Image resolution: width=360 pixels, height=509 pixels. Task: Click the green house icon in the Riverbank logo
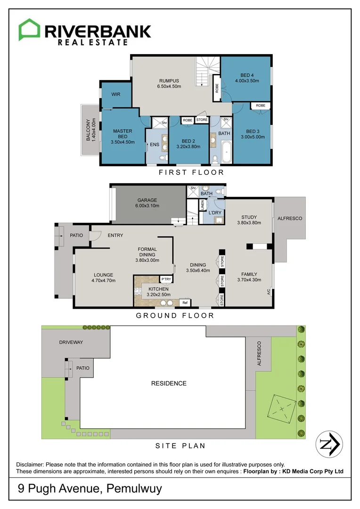pyautogui.click(x=29, y=30)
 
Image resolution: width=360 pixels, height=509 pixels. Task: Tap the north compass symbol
pyautogui.click(x=329, y=443)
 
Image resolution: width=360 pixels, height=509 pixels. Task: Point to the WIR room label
pyautogui.click(x=115, y=94)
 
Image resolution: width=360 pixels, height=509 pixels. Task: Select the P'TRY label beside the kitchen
pyautogui.click(x=166, y=279)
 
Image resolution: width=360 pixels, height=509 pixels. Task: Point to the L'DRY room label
pyautogui.click(x=215, y=213)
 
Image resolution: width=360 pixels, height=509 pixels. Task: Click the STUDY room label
pyautogui.click(x=249, y=217)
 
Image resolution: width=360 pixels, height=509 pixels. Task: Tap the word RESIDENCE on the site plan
pyautogui.click(x=169, y=383)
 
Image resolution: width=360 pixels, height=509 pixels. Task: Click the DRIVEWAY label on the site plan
pyautogui.click(x=71, y=342)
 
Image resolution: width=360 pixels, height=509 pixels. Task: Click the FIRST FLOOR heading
pyautogui.click(x=191, y=172)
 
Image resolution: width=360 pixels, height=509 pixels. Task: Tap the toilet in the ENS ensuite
pyautogui.click(x=163, y=158)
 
